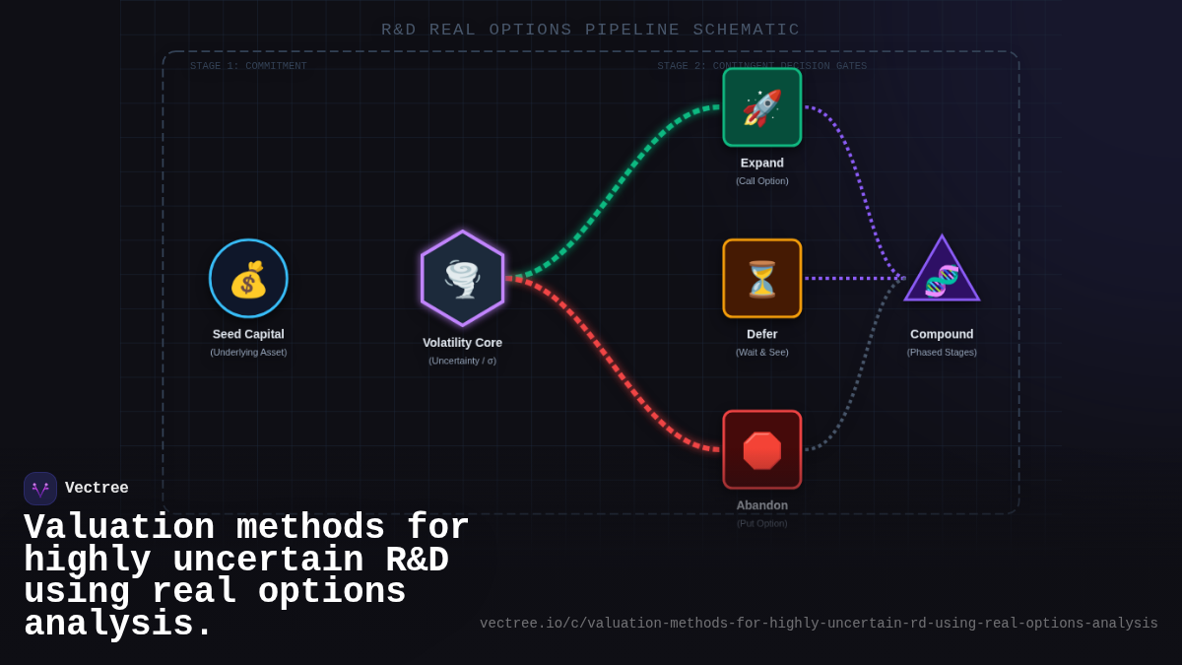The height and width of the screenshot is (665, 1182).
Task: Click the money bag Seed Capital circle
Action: [x=248, y=279]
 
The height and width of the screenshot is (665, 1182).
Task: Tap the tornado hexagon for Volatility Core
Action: [x=462, y=279]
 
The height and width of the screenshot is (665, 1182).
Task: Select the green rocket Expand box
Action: [x=761, y=107]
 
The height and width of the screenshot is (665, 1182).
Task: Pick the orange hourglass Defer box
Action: [x=761, y=279]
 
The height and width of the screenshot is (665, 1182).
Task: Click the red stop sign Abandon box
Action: [x=761, y=450]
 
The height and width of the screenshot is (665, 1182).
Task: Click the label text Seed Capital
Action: [x=248, y=334]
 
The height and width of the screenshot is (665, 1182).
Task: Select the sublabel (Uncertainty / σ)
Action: [x=462, y=361]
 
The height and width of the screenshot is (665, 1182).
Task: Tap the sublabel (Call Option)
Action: [x=761, y=181]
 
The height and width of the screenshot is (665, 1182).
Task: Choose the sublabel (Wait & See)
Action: [x=761, y=353]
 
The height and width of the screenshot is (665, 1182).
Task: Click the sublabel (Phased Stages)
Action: [x=942, y=353]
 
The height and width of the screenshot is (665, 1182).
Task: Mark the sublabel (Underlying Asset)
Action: [x=248, y=353]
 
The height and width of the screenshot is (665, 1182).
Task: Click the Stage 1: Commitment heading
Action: [x=248, y=66]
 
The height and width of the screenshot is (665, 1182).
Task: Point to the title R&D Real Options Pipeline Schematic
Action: [x=590, y=30]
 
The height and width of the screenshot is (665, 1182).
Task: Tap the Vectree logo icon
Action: [x=40, y=489]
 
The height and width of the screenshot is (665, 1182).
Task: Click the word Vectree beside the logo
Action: [x=97, y=489]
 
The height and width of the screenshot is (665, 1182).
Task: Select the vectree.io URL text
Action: [x=818, y=624]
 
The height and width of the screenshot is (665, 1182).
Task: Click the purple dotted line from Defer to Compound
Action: [x=853, y=279]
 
